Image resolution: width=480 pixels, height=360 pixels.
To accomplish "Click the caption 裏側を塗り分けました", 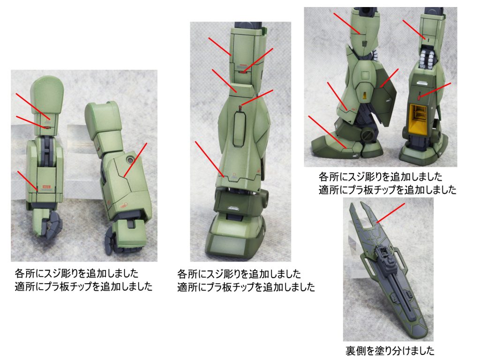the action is click(390, 351).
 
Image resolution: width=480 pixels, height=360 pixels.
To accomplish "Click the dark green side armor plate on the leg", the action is click(384, 97).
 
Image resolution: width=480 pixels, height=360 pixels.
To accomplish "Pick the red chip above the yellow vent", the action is click(419, 97).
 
